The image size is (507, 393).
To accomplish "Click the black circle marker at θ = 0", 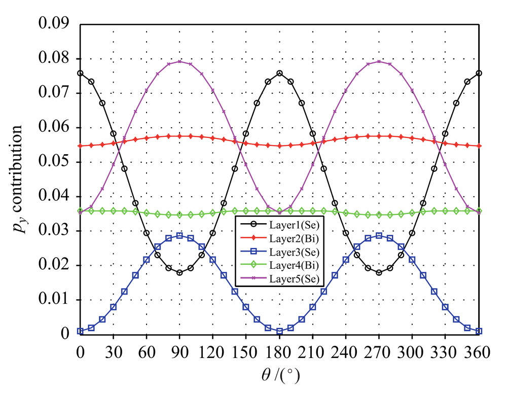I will [80, 73].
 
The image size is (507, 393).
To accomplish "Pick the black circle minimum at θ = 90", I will [179, 272].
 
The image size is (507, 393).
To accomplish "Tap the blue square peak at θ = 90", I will [179, 235].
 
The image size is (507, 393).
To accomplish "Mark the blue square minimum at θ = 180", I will [279, 331].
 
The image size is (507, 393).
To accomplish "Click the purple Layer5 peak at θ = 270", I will [379, 61].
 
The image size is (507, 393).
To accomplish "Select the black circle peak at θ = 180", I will [279, 73].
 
